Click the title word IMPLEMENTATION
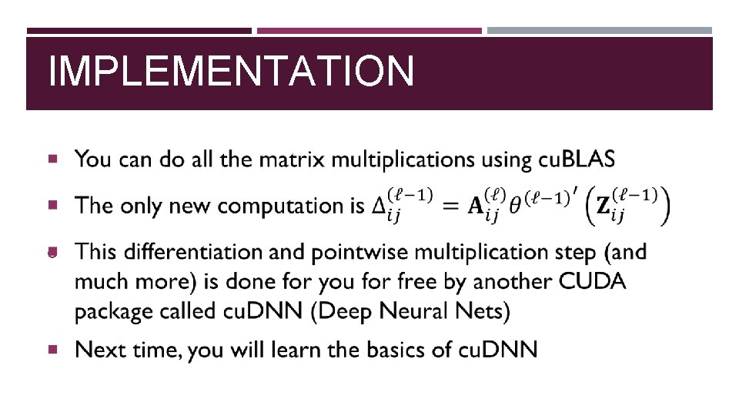(x=231, y=72)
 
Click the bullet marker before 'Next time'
(x=52, y=350)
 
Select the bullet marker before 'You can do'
(x=52, y=159)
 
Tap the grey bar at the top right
(x=600, y=31)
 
